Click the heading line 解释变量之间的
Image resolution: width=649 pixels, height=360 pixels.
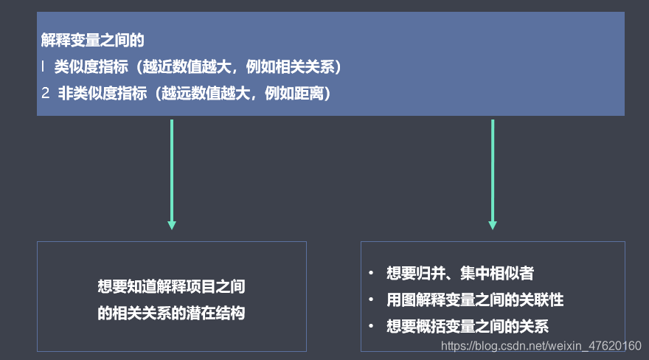[93, 41]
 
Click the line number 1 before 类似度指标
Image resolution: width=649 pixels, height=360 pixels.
[44, 67]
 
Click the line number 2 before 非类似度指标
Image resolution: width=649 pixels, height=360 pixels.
[45, 94]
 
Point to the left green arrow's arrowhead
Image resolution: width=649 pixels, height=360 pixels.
[172, 224]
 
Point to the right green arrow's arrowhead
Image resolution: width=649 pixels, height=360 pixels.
[493, 224]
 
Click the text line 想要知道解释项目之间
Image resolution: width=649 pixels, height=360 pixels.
[171, 287]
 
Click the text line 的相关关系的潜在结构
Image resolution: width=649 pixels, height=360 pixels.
[171, 313]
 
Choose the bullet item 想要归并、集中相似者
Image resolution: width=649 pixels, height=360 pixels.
[460, 274]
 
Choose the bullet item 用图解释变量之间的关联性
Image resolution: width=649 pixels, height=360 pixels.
[475, 300]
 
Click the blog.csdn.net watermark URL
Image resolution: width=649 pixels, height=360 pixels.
[540, 345]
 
